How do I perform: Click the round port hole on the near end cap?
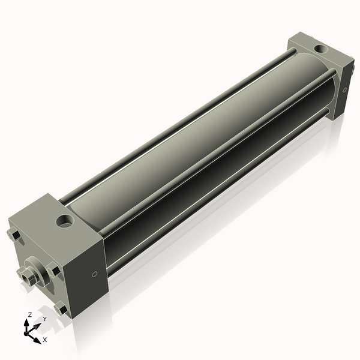(65, 221)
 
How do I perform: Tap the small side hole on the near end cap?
(94, 274)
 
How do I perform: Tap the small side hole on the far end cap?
(344, 90)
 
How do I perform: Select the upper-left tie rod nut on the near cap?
(14, 235)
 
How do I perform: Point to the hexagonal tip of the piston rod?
(26, 277)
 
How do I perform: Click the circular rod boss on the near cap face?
(37, 272)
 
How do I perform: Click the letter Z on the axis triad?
(29, 315)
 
